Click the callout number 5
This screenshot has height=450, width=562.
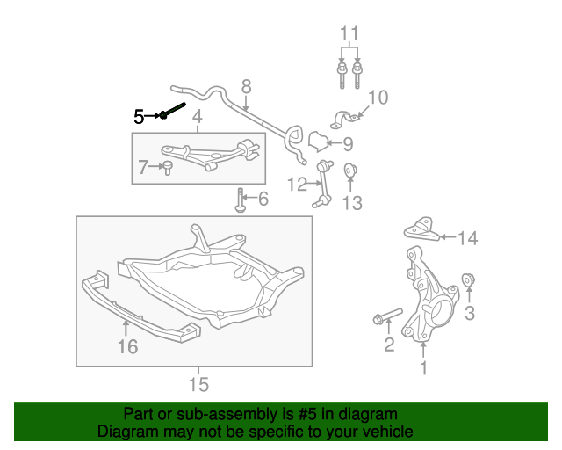click(x=139, y=115)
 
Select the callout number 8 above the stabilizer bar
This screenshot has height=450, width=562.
click(x=246, y=86)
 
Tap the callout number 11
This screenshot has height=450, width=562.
click(x=349, y=35)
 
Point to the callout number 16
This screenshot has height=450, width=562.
click(x=127, y=346)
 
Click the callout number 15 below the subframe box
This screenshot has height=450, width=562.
click(x=198, y=384)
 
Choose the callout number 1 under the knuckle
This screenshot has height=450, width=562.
click(x=424, y=368)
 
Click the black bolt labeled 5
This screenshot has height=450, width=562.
click(x=173, y=111)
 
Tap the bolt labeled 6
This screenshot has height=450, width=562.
click(x=240, y=200)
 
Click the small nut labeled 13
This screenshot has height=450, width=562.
click(x=350, y=170)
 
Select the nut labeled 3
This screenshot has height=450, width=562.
click(x=469, y=281)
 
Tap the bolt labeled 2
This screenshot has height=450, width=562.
click(x=385, y=316)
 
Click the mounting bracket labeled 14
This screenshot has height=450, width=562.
click(x=421, y=229)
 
